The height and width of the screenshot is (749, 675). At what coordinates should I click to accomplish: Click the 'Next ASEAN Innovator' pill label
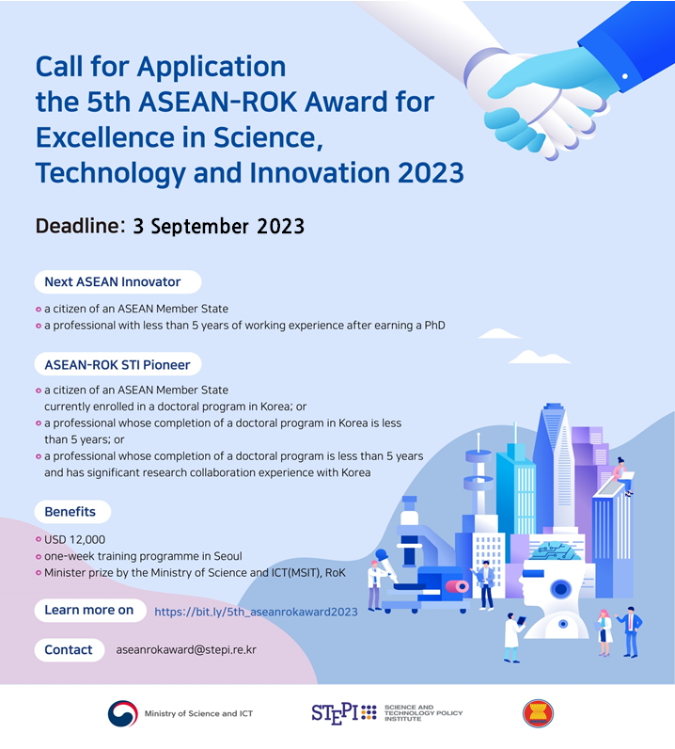[x=118, y=282]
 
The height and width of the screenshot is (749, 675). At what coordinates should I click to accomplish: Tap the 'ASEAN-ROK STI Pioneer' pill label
[x=118, y=364]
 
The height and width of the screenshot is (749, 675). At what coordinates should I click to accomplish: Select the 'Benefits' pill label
[x=72, y=512]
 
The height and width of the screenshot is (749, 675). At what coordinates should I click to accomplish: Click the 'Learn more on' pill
[x=90, y=610]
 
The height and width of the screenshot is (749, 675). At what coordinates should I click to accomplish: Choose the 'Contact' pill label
[x=70, y=649]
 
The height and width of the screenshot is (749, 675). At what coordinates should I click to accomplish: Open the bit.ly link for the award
[x=256, y=612]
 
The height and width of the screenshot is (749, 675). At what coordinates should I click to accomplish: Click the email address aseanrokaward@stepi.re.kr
[x=186, y=650]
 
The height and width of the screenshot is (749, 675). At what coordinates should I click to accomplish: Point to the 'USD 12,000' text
[x=74, y=540]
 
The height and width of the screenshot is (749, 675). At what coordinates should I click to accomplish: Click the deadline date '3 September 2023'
[x=219, y=227]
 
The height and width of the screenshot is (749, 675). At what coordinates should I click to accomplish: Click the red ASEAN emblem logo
[x=538, y=713]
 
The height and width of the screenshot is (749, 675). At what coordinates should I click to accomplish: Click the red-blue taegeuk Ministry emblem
[x=122, y=713]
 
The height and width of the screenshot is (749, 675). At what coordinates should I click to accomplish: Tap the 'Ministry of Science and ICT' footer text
[x=198, y=713]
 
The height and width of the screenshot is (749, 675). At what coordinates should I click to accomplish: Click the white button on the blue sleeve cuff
[x=625, y=76]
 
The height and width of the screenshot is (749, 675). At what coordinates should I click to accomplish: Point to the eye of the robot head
[x=560, y=589]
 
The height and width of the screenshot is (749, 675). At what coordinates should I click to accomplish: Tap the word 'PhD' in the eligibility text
[x=434, y=326]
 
